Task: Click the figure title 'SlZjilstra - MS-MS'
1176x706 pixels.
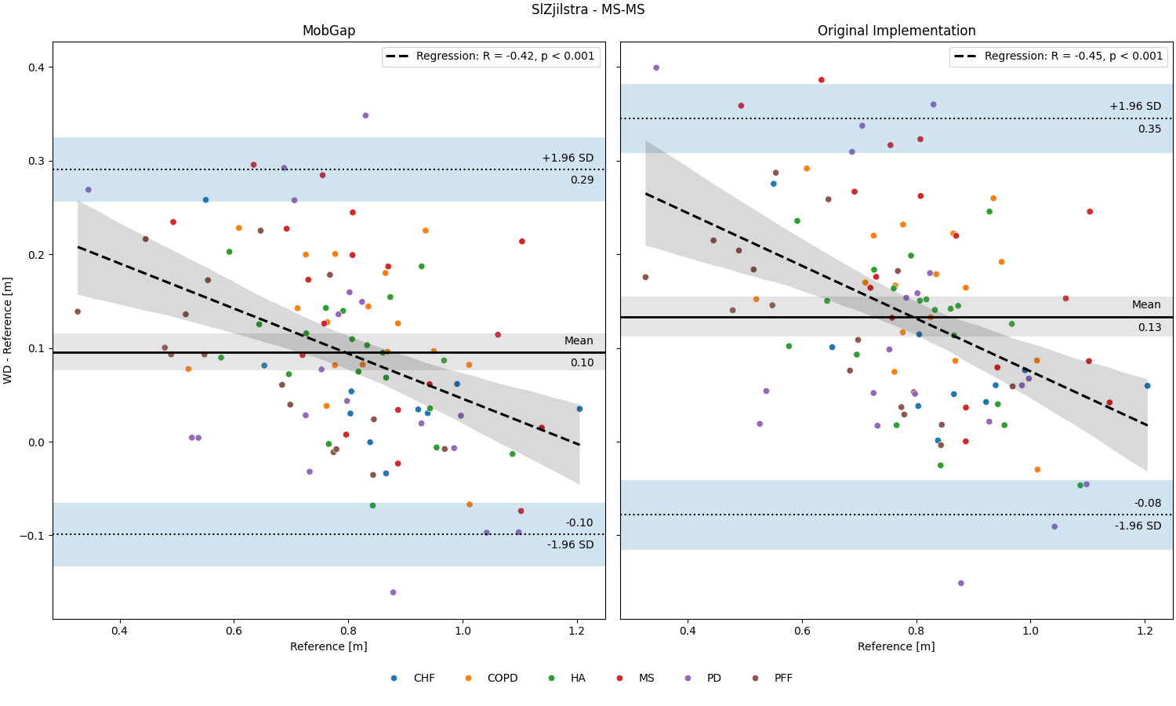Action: pyautogui.click(x=588, y=9)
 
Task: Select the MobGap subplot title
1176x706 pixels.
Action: pyautogui.click(x=329, y=31)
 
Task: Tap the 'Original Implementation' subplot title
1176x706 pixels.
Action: pyautogui.click(x=897, y=31)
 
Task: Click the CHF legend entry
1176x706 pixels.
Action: pyautogui.click(x=413, y=679)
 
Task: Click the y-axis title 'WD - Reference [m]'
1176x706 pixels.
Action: pyautogui.click(x=7, y=330)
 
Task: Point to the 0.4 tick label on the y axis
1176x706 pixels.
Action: pyautogui.click(x=37, y=67)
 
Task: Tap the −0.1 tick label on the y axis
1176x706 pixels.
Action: pyautogui.click(x=33, y=536)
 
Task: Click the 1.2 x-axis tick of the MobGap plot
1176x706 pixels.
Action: pyautogui.click(x=577, y=631)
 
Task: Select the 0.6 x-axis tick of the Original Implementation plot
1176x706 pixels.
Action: pyautogui.click(x=802, y=631)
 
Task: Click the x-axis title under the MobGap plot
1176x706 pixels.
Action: pyautogui.click(x=328, y=646)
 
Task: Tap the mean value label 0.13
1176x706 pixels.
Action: pyautogui.click(x=1150, y=328)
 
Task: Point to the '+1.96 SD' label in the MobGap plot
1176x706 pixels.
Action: pyautogui.click(x=568, y=158)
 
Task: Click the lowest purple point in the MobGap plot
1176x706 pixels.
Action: pyautogui.click(x=394, y=592)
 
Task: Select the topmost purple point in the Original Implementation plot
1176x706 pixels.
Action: pyautogui.click(x=656, y=67)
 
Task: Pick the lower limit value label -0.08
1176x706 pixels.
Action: pyautogui.click(x=1148, y=504)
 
